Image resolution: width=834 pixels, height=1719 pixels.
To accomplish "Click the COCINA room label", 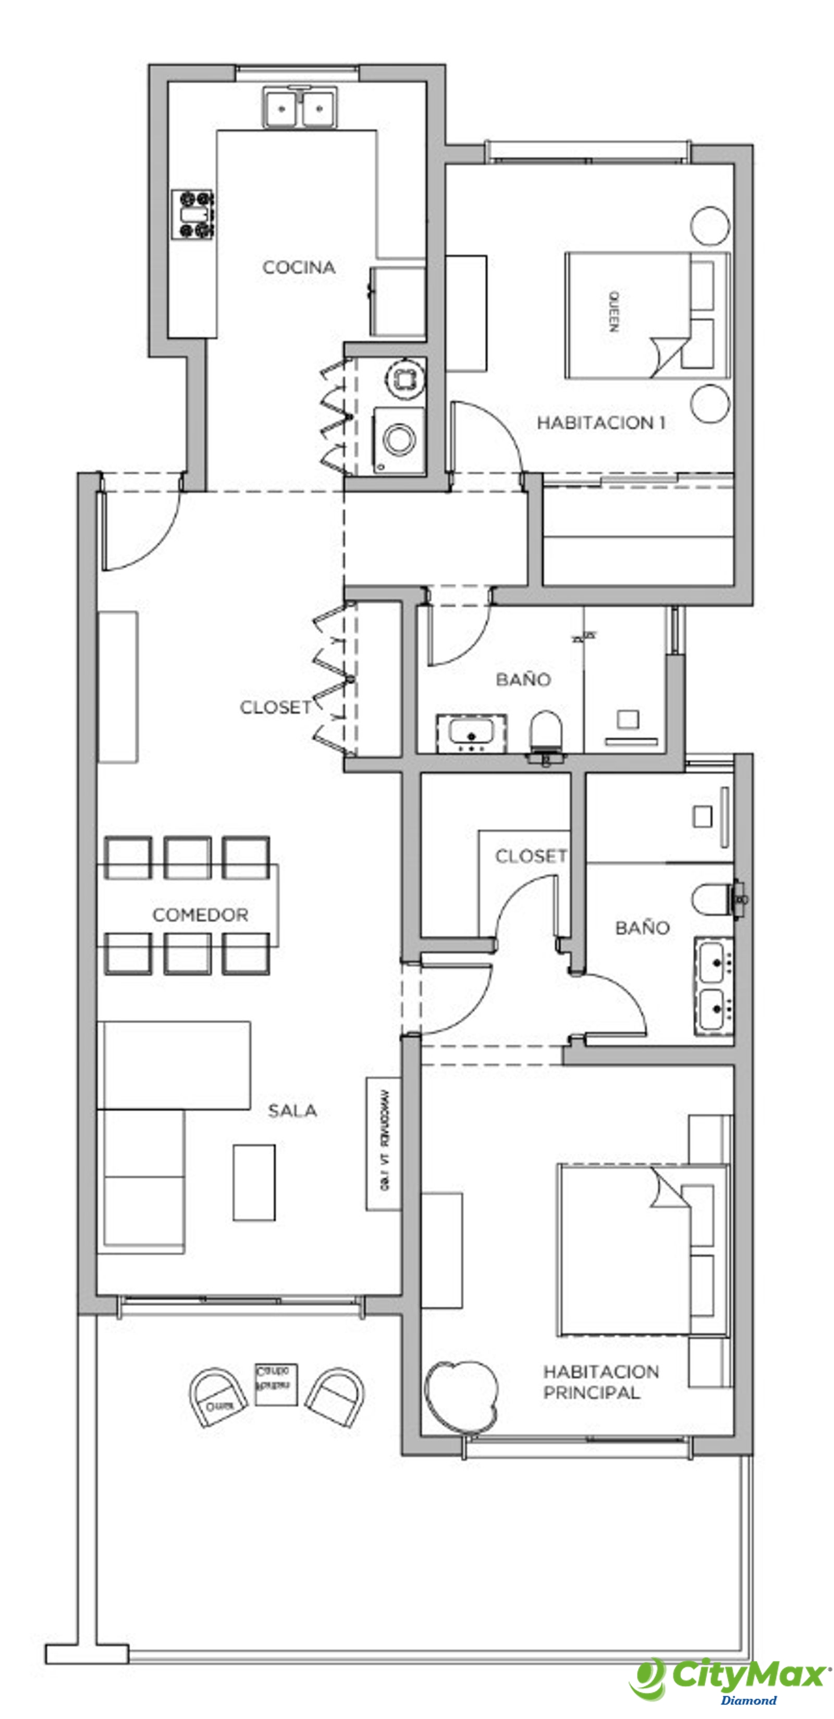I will tap(299, 268).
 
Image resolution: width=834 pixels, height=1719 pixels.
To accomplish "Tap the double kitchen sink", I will tap(299, 107).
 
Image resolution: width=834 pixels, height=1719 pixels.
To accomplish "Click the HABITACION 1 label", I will tap(601, 422).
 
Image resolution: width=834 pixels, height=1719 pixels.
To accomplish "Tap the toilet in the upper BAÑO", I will tap(546, 731).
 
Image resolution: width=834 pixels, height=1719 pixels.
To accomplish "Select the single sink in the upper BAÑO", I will tap(471, 732).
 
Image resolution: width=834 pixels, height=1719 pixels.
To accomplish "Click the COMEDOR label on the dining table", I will tap(200, 915).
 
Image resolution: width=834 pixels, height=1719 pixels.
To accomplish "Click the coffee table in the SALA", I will tap(254, 1183).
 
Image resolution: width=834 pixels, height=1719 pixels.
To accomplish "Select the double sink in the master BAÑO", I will tap(713, 986).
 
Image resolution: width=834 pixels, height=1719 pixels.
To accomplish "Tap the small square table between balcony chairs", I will tap(276, 1385).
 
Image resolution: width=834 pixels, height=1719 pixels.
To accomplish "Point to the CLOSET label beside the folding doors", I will tap(275, 707).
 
